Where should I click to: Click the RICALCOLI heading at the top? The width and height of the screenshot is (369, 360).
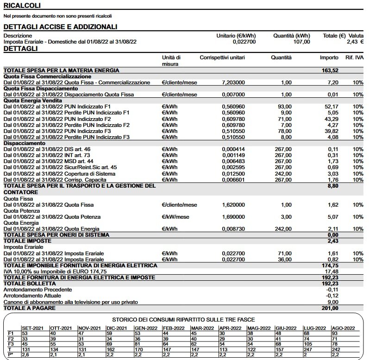coord(22,6)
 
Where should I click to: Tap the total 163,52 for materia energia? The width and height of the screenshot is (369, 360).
coord(330,70)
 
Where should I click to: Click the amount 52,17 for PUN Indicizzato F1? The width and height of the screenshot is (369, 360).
coord(331,107)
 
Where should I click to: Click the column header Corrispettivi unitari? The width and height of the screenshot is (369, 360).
coord(222,57)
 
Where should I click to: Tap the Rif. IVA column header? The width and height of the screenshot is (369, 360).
coord(354,57)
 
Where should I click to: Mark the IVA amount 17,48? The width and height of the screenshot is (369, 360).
coord(331,271)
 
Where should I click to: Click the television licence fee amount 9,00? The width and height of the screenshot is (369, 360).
coord(333,302)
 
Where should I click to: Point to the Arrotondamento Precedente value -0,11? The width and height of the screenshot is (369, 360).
coord(332,290)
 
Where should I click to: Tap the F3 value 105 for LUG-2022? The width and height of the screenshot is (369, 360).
coord(309,344)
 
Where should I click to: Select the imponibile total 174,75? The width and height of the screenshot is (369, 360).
coord(330,265)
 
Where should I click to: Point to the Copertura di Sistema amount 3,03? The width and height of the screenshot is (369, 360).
coord(332,173)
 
